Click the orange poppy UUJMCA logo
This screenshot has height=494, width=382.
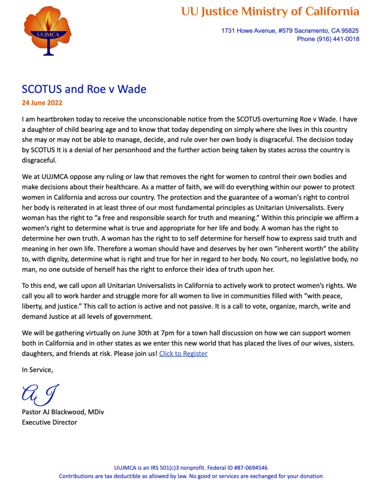point(47,30)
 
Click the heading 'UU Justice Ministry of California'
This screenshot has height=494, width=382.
point(270,11)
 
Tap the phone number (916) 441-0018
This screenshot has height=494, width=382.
point(338,39)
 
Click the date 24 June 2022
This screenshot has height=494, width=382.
point(42,103)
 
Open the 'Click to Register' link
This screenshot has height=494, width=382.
point(183,354)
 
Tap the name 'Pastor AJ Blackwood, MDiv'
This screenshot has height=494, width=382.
point(63,412)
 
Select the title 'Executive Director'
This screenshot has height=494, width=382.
point(49,422)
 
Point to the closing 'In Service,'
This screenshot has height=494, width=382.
point(37,370)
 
